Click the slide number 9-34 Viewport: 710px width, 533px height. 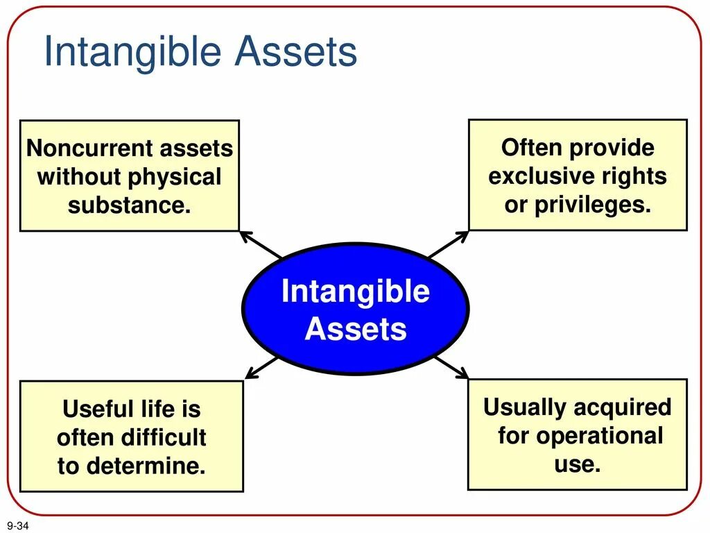(17, 525)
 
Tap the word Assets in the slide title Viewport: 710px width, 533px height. (296, 51)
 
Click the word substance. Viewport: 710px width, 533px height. (129, 205)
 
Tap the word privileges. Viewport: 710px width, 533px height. (593, 205)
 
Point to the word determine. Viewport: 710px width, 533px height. (146, 466)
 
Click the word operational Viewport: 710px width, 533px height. (600, 437)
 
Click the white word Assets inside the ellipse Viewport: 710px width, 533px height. (356, 328)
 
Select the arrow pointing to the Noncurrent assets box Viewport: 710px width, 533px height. (261, 245)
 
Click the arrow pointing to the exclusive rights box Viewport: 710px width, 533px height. (449, 244)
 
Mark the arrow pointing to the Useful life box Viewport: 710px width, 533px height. (261, 368)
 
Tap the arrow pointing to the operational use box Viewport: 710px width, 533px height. (451, 368)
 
